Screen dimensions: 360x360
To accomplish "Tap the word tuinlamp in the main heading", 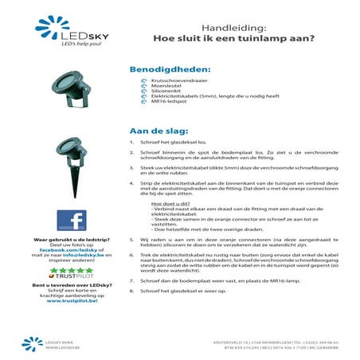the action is (x=256, y=37).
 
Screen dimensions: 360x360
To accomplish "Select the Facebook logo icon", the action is (x=72, y=221).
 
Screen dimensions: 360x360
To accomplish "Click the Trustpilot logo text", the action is (x=74, y=278).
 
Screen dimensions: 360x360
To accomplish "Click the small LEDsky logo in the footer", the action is (x=35, y=344).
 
